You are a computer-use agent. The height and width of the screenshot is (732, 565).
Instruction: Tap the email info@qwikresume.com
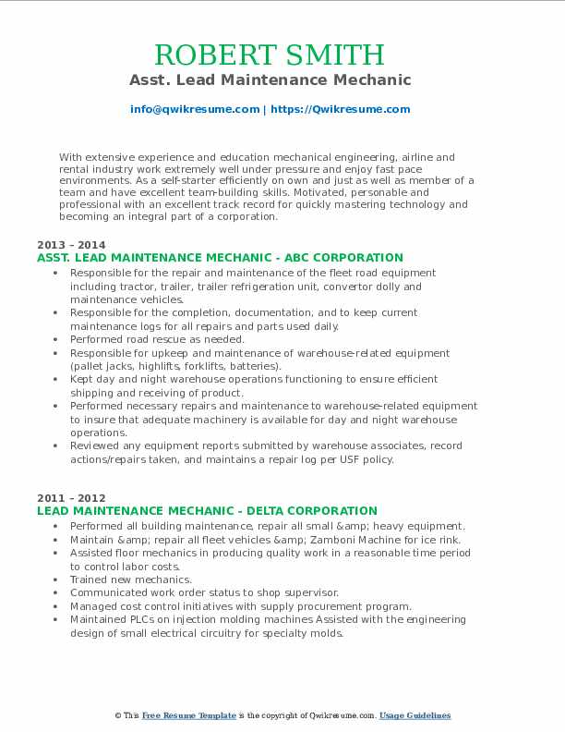coord(195,109)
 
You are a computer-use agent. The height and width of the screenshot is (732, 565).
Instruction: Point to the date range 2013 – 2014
coord(65,244)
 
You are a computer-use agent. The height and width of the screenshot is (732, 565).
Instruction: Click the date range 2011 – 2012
coord(65,497)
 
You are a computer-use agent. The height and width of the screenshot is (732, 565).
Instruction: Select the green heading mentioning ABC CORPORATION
coord(220,258)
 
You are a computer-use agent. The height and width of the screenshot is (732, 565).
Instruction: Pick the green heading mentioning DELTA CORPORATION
coord(207,511)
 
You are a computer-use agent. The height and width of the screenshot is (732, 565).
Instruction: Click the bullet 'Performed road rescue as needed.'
coord(156,339)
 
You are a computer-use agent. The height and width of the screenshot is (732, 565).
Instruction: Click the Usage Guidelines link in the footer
coord(415,716)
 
